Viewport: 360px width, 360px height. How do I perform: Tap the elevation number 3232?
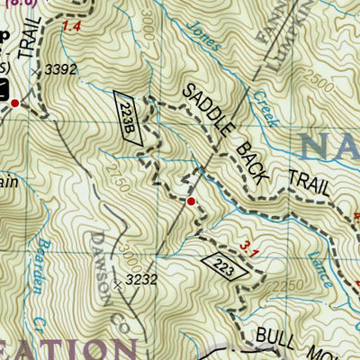coord(141,280)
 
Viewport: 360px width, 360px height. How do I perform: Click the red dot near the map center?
coord(191,200)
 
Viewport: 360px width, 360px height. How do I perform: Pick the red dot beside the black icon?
coord(14,104)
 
